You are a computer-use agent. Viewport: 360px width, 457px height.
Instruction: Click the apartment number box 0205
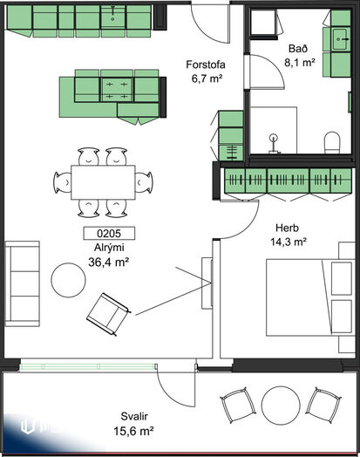[x=109, y=233]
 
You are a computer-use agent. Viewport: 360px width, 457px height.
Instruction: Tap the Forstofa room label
[x=206, y=65]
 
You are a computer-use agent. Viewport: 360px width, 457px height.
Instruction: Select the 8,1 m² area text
[x=300, y=63]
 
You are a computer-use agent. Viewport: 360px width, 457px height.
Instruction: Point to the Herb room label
[x=287, y=228]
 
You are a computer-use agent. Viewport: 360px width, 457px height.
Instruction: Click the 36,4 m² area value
[x=109, y=263]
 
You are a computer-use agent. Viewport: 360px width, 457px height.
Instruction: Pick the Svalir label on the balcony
[x=134, y=416]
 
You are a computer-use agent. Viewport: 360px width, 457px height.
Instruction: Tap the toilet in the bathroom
[x=332, y=142]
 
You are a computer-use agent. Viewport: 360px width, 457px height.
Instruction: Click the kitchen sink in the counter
[x=113, y=17]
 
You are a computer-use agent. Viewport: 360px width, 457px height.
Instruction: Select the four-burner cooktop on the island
[x=117, y=90]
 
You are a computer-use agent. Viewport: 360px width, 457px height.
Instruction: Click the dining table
[x=103, y=182]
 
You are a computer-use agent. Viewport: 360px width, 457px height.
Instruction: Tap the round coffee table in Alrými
[x=69, y=280]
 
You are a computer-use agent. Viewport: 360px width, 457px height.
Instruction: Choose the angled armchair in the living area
[x=109, y=314]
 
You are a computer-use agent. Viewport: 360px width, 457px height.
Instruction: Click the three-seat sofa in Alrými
[x=23, y=283]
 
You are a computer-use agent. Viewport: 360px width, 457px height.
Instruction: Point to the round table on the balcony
[x=281, y=405]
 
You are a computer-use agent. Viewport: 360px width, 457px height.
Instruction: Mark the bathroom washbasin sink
[x=340, y=39]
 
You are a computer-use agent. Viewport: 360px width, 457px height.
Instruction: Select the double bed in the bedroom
[x=309, y=297]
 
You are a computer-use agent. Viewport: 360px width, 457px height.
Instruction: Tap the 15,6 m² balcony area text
[x=133, y=431]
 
